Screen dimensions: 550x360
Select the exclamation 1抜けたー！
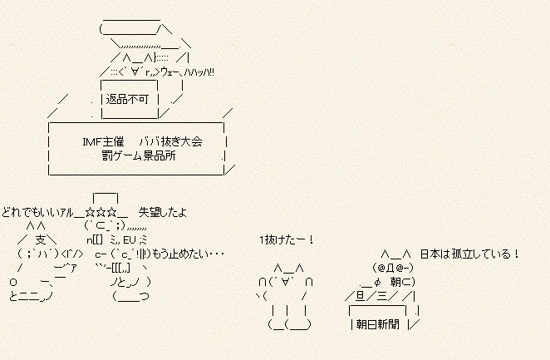pyautogui.click(x=286, y=240)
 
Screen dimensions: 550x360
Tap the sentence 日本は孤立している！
pyautogui.click(x=469, y=254)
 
